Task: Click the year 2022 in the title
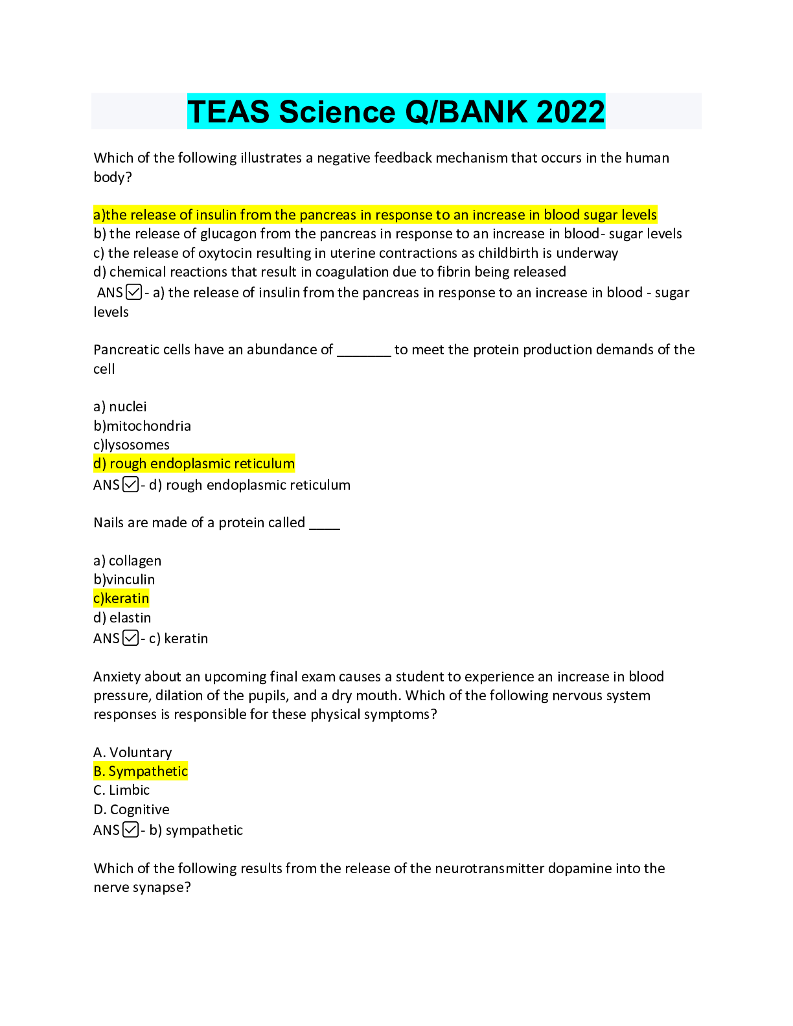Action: click(570, 111)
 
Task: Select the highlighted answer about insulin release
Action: click(375, 214)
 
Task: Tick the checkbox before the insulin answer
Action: click(134, 292)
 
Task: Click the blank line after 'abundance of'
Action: click(364, 350)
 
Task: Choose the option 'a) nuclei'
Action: click(120, 407)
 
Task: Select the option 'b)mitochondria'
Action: click(142, 426)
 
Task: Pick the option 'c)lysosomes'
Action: click(132, 445)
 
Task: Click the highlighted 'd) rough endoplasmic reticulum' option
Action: click(194, 464)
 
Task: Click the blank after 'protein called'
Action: click(325, 523)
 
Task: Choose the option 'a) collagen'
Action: click(127, 561)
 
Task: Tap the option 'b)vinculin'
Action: click(124, 580)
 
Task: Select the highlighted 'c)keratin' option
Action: click(121, 598)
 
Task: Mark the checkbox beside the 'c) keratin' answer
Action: click(130, 638)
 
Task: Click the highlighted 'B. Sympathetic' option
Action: click(141, 771)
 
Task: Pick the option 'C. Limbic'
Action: click(122, 790)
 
